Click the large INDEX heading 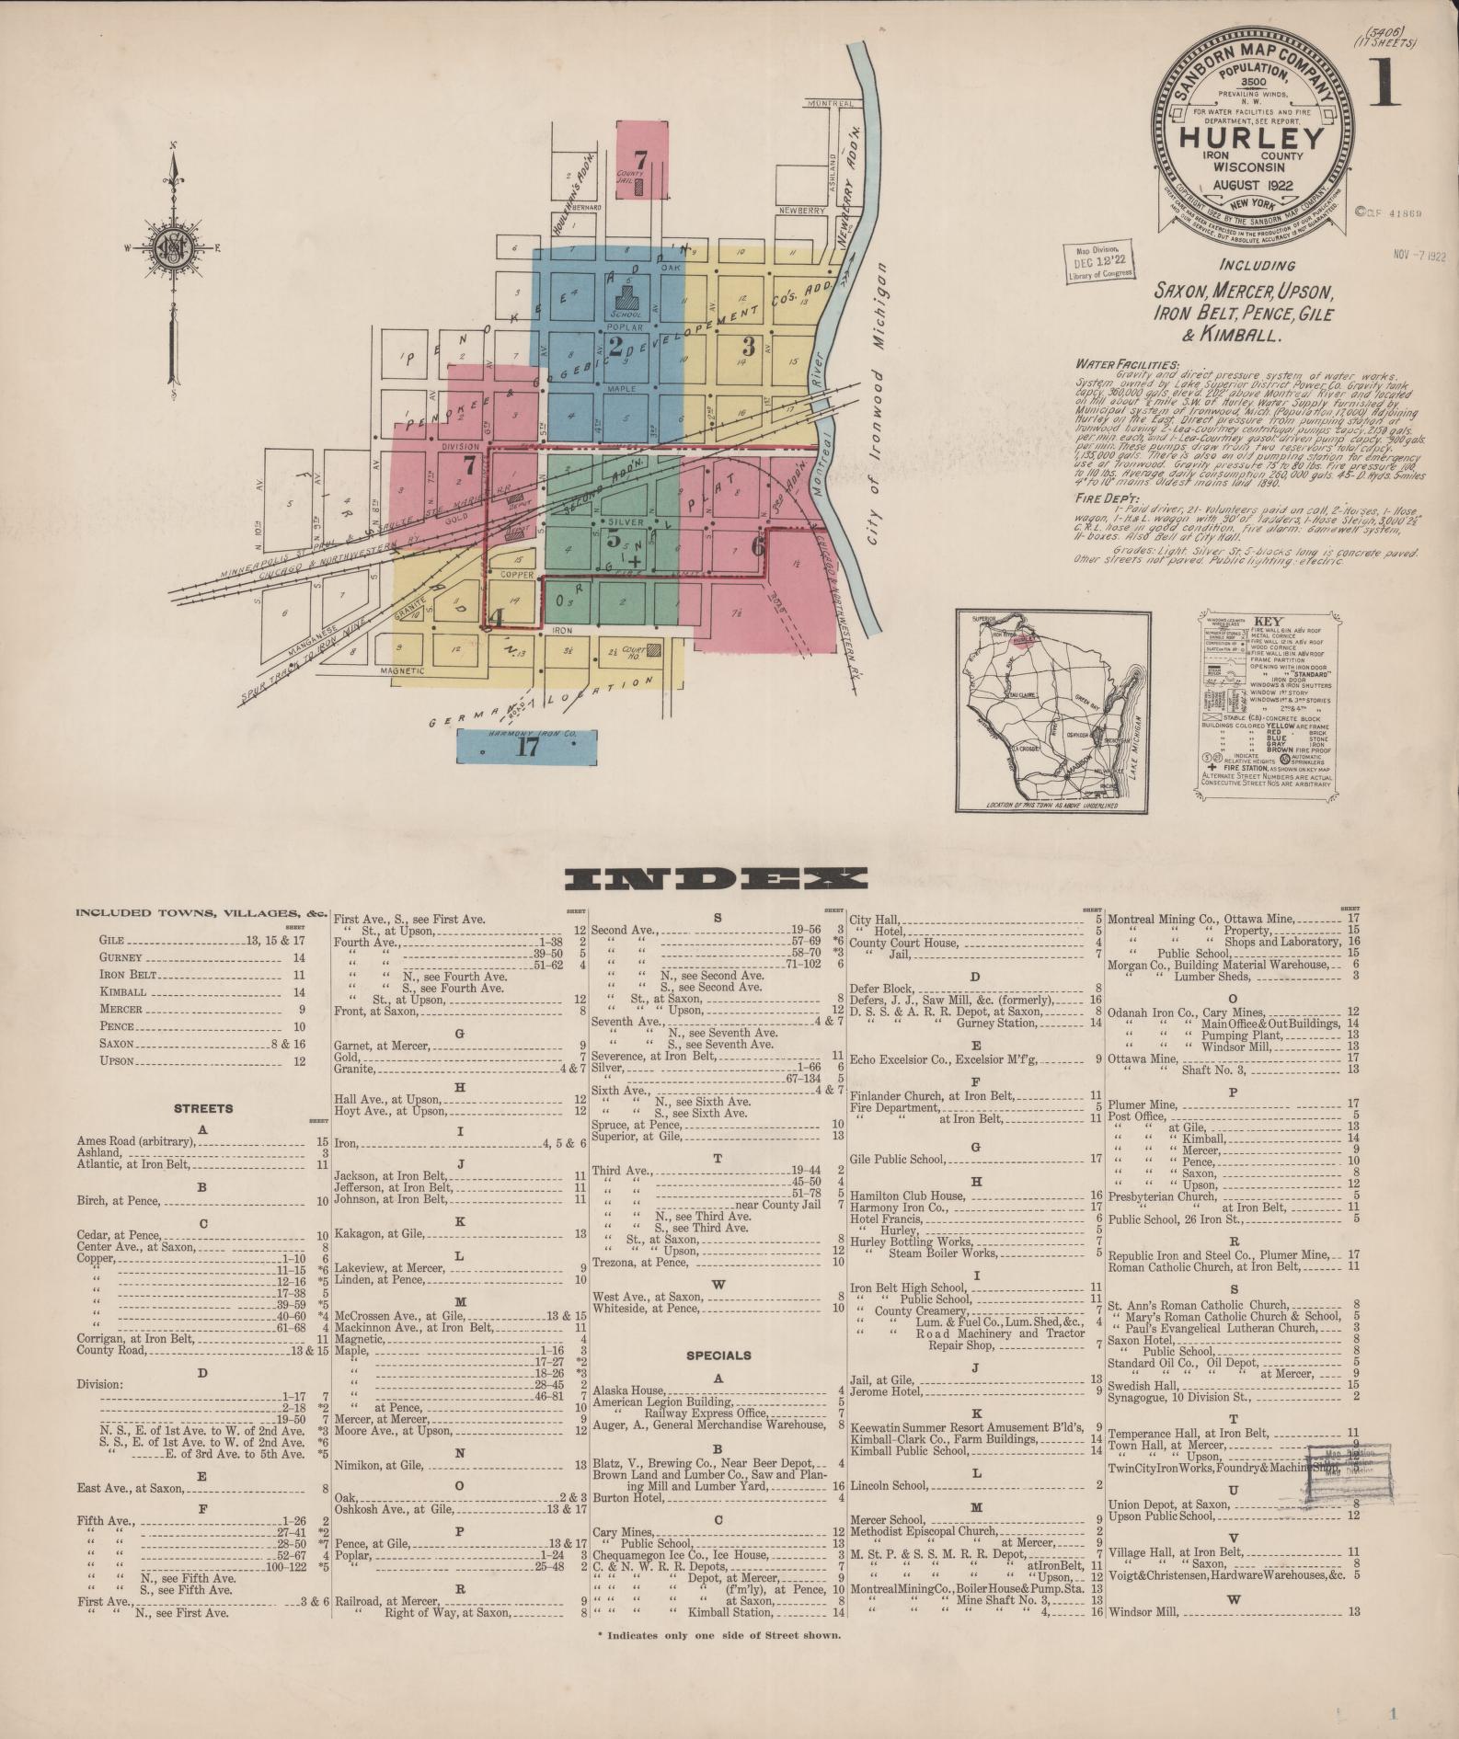tap(716, 880)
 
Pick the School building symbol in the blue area tap(630, 297)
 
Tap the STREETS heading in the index tap(203, 1108)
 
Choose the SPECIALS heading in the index tap(718, 1355)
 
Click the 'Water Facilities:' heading tap(1127, 364)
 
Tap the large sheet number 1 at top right tap(1384, 84)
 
